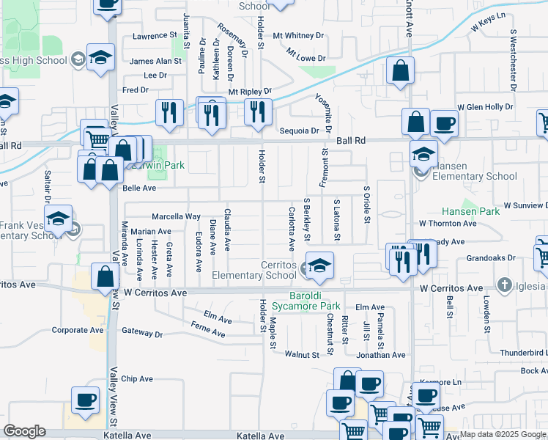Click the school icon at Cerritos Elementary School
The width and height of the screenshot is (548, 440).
point(319,266)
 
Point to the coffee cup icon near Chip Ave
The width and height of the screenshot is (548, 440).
point(86,400)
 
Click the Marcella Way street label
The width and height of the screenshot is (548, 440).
point(176,217)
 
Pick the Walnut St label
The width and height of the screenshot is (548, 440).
point(303,355)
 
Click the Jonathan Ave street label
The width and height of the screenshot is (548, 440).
point(381,355)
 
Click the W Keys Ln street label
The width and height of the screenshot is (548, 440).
point(489,25)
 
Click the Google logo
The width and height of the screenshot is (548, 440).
point(24,431)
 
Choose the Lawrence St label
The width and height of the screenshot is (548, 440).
point(155,35)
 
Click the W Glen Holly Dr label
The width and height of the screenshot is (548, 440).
point(485,107)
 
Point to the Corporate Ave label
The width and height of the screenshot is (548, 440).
point(78,330)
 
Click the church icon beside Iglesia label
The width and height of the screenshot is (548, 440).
point(505,285)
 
